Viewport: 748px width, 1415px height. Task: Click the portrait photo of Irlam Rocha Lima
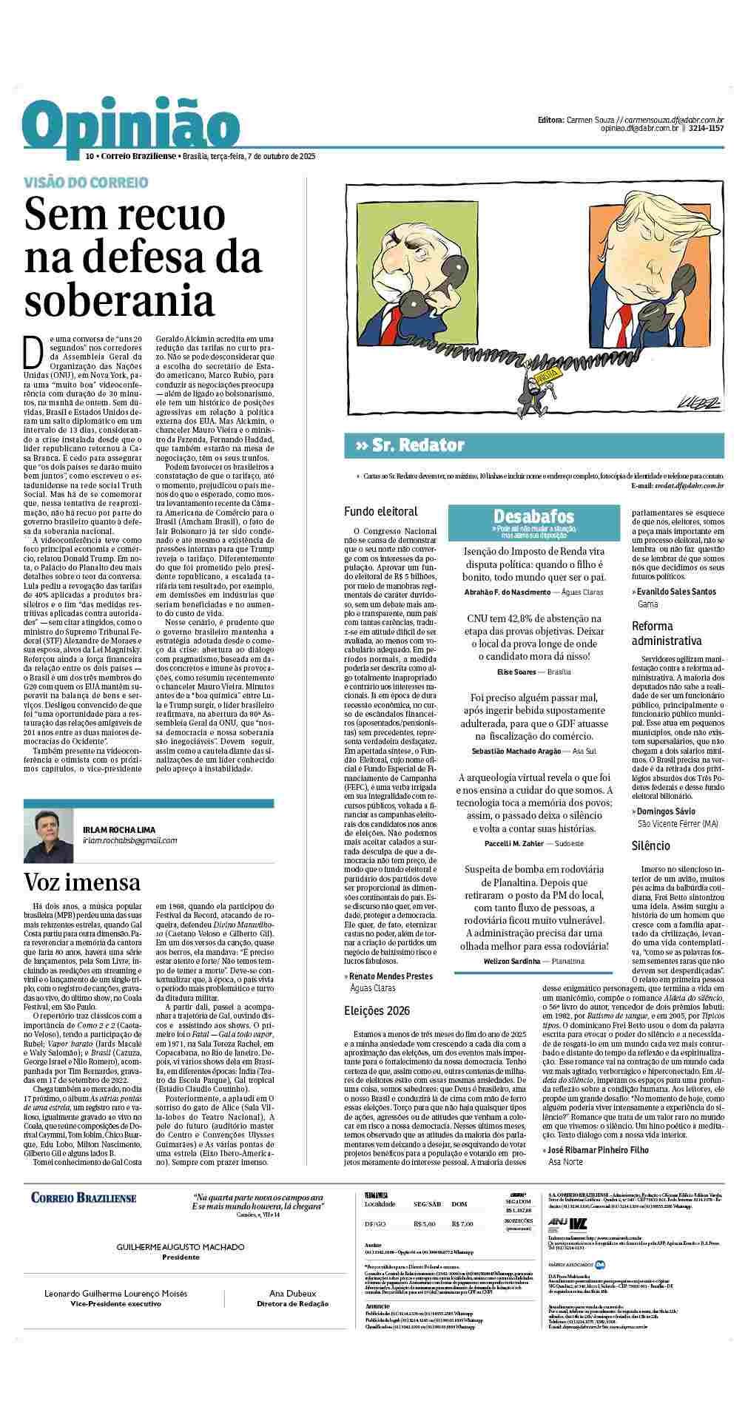[x=49, y=834]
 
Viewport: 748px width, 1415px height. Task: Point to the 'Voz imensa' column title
[x=82, y=882]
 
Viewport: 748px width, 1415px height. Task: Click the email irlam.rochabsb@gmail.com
[x=130, y=840]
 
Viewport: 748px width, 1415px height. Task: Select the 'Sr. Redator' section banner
[x=414, y=445]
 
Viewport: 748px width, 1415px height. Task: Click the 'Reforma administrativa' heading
[x=666, y=633]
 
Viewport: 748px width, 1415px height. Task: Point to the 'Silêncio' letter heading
[x=651, y=845]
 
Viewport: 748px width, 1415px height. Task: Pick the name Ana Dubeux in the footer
[x=277, y=1294]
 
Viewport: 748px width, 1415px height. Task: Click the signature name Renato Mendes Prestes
[x=381, y=976]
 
